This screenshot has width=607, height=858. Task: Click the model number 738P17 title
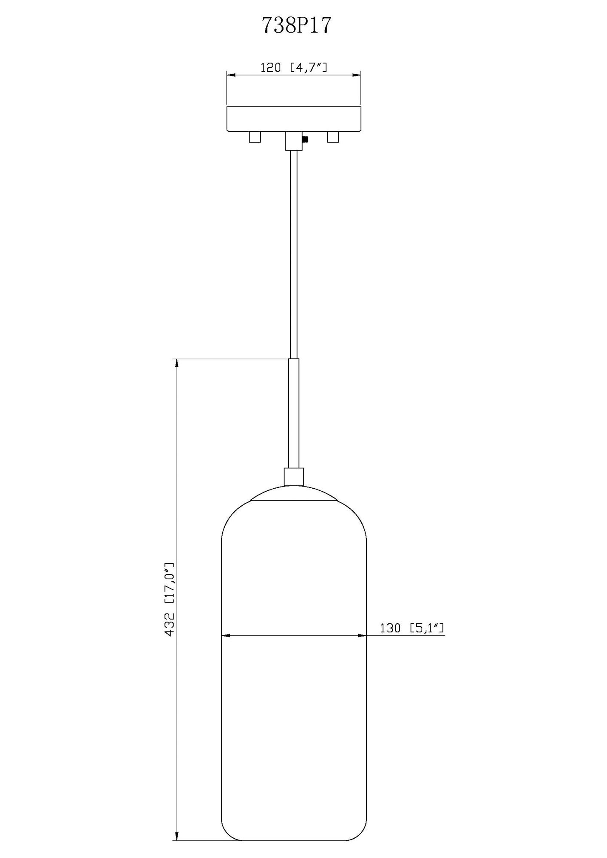point(297,26)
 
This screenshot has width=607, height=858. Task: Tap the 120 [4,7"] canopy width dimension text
point(294,67)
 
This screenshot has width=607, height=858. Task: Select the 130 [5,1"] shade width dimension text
point(412,628)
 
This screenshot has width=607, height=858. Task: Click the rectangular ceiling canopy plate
point(294,119)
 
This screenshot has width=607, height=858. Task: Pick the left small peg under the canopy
point(255,137)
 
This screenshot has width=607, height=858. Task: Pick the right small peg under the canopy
point(333,137)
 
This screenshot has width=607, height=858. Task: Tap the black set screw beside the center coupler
point(305,139)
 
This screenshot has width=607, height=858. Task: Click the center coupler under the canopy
point(294,141)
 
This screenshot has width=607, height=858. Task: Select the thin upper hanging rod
point(293,253)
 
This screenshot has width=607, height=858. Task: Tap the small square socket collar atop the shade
point(294,477)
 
